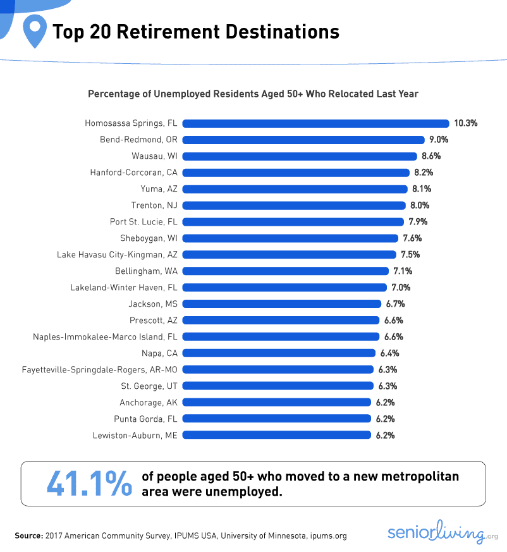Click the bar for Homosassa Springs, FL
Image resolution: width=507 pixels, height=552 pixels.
pyautogui.click(x=315, y=123)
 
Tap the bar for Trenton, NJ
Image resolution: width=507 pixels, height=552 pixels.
pyautogui.click(x=293, y=205)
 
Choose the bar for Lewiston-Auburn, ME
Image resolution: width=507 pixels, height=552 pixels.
pyautogui.click(x=276, y=435)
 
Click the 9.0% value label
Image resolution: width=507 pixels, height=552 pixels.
pyautogui.click(x=439, y=140)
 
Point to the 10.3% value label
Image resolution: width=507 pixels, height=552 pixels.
pyautogui.click(x=465, y=123)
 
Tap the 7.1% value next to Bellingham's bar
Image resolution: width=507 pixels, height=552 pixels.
pyautogui.click(x=402, y=271)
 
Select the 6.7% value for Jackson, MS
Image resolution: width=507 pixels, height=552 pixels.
pyautogui.click(x=394, y=304)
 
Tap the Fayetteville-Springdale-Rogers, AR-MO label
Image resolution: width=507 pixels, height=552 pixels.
pyautogui.click(x=99, y=369)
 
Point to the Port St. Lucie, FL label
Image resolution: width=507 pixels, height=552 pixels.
pyautogui.click(x=144, y=222)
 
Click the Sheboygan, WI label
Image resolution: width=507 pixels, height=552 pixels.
pyautogui.click(x=149, y=238)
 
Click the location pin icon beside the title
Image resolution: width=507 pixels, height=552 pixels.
pyautogui.click(x=34, y=32)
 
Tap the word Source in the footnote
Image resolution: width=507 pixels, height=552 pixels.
pyautogui.click(x=28, y=536)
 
